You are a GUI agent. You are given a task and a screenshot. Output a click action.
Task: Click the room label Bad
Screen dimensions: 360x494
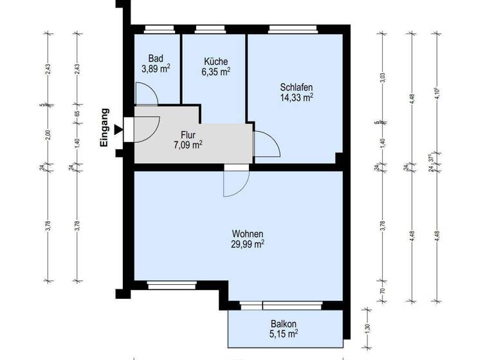156,57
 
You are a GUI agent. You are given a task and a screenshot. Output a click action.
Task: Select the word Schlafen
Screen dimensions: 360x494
296,87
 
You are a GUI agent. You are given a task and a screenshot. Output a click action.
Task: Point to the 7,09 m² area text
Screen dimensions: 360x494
188,145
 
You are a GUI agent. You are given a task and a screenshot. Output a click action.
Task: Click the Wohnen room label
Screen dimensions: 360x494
248,233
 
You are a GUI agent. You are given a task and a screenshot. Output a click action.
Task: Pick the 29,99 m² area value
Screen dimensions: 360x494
248,244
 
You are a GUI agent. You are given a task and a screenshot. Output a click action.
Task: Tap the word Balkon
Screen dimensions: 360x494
283,324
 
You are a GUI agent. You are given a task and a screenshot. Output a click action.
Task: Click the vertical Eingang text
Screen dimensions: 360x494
104,129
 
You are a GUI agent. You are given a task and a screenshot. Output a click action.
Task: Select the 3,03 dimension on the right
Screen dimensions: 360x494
382,78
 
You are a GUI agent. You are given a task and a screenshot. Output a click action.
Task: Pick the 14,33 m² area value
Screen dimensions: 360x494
296,98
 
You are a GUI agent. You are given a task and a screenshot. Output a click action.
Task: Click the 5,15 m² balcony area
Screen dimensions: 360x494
283,334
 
